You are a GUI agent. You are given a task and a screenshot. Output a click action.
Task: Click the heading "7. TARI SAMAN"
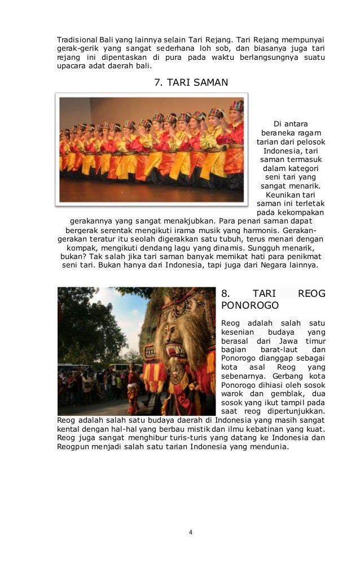coord(191,82)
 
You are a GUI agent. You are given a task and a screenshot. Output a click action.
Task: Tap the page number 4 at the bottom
coord(191,532)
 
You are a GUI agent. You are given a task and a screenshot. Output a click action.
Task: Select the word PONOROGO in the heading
coord(250,305)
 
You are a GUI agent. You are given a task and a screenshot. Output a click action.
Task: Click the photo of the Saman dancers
coord(152,150)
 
